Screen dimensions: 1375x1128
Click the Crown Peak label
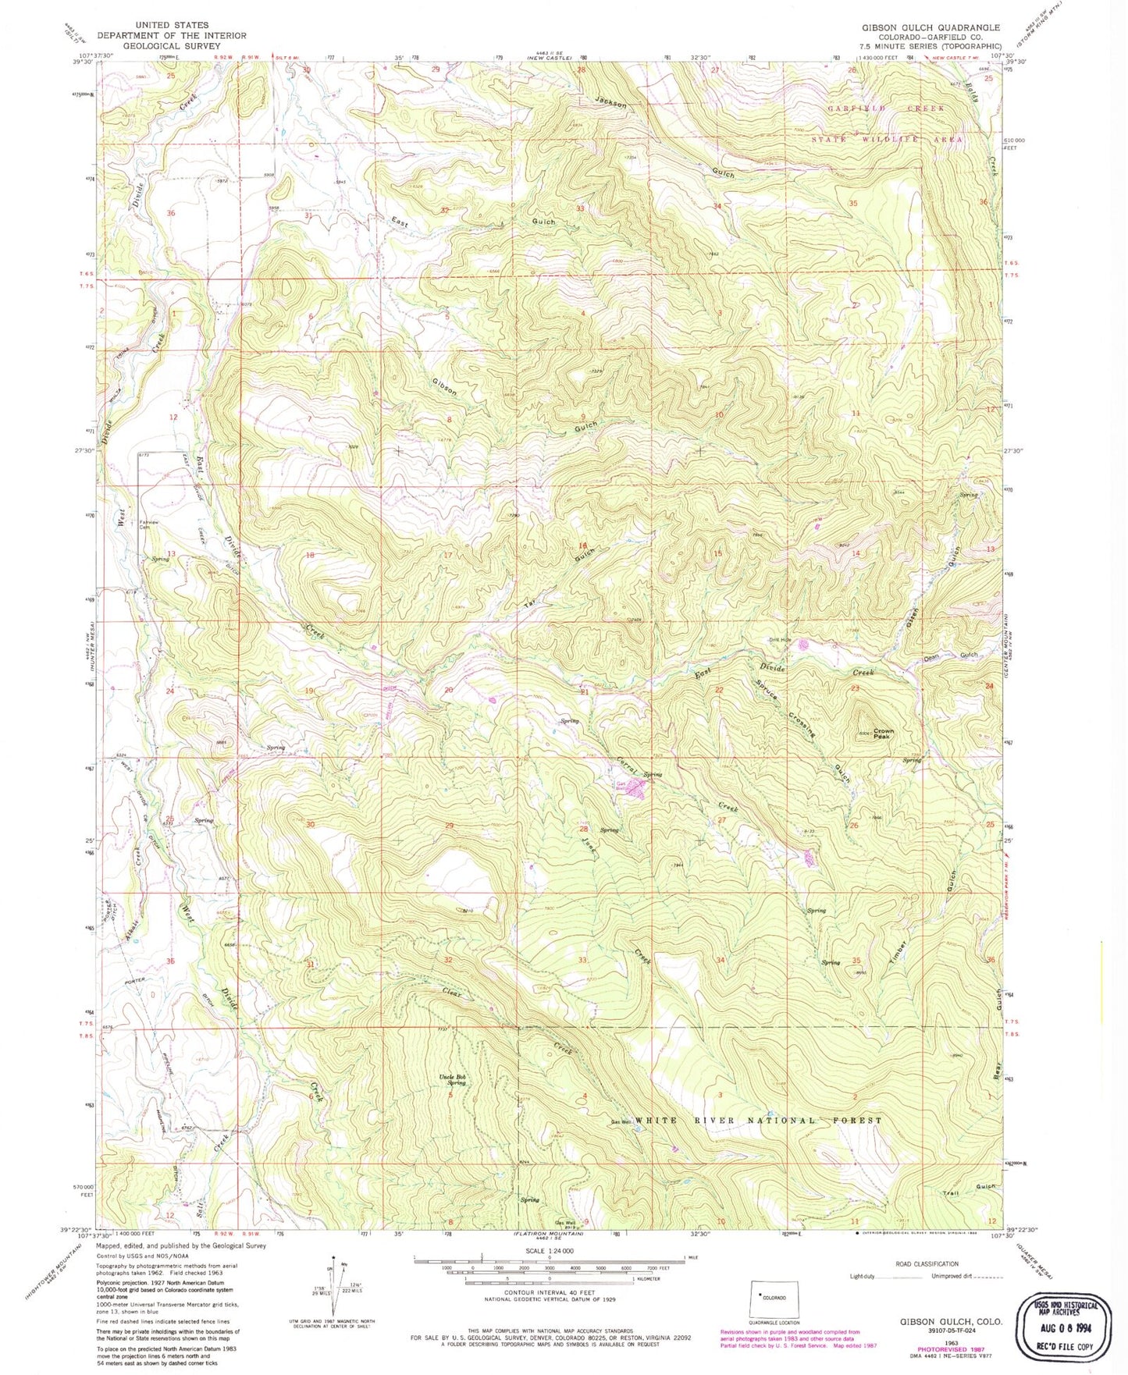[882, 734]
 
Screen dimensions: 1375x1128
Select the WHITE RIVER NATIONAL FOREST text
[758, 1120]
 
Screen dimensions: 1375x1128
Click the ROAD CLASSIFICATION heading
[927, 1263]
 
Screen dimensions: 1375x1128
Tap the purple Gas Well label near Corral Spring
[623, 786]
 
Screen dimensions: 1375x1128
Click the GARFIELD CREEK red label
[885, 108]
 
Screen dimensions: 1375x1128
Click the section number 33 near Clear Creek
[582, 959]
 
